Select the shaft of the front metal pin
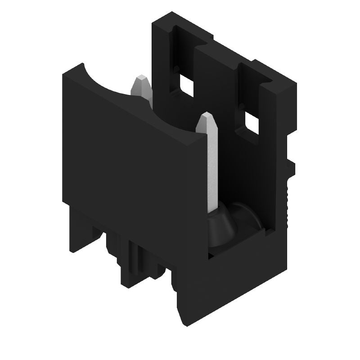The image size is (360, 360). pos(211,171)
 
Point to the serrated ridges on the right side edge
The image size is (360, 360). pos(287,198)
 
